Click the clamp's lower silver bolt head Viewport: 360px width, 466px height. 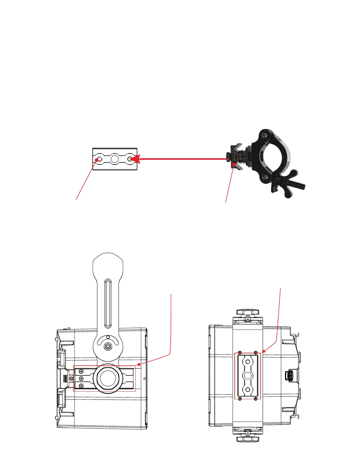click(266, 177)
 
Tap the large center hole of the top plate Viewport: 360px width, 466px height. click(115, 159)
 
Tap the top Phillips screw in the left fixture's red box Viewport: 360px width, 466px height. click(81, 372)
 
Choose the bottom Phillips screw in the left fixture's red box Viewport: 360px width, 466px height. click(81, 385)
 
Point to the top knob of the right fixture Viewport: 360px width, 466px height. click(247, 312)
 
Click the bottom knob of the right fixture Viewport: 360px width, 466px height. click(247, 440)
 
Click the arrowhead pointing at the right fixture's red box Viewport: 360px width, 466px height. click(263, 351)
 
